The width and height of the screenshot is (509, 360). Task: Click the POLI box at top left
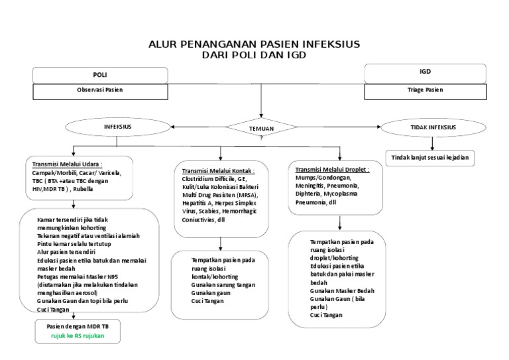99,75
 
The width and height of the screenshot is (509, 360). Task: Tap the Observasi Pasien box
99,89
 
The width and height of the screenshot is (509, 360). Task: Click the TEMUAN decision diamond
262,128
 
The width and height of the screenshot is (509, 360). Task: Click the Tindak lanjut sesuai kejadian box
431,158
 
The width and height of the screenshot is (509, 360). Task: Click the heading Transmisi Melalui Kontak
218,170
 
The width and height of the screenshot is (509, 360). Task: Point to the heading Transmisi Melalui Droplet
332,169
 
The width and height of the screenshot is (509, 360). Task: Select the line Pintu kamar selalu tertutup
74,244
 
